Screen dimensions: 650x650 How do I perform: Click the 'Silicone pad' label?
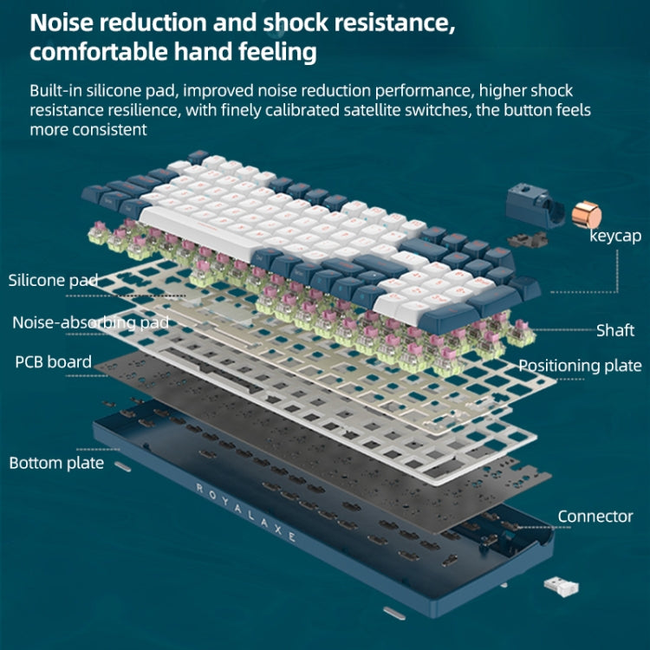pyautogui.click(x=53, y=280)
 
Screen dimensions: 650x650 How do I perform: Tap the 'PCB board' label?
pyautogui.click(x=53, y=361)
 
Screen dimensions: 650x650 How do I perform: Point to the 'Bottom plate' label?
pyautogui.click(x=56, y=463)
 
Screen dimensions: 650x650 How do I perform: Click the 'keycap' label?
pyautogui.click(x=615, y=235)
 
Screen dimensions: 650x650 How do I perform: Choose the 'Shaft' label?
pyautogui.click(x=615, y=329)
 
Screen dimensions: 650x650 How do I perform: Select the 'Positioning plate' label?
pyautogui.click(x=580, y=366)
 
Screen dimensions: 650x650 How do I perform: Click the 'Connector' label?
pyautogui.click(x=595, y=517)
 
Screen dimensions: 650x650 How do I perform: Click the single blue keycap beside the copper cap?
pyautogui.click(x=529, y=206)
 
